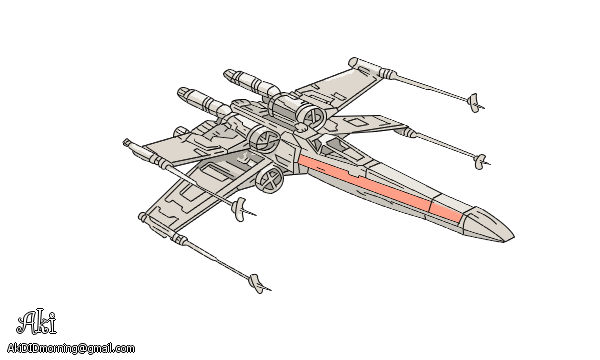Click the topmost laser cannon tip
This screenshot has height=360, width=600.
pyautogui.click(x=473, y=99)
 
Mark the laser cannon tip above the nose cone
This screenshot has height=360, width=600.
pyautogui.click(x=480, y=160)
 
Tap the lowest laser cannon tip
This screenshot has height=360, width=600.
pyautogui.click(x=257, y=283)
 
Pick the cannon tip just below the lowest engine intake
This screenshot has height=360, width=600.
pyautogui.click(x=239, y=208)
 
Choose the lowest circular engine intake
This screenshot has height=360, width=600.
pyautogui.click(x=269, y=179)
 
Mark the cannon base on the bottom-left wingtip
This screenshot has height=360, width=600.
pyautogui.click(x=177, y=240)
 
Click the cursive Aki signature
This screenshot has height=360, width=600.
pyautogui.click(x=37, y=321)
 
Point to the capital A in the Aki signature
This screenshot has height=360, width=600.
pyautogui.click(x=28, y=322)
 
